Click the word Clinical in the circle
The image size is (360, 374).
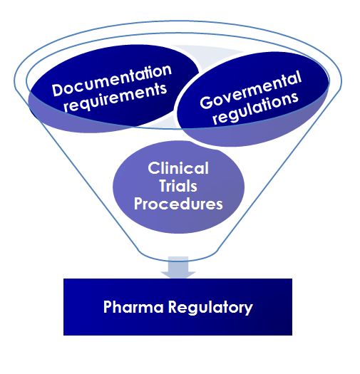(x=178, y=169)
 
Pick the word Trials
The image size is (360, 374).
(x=178, y=186)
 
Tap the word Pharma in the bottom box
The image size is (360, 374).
(x=128, y=308)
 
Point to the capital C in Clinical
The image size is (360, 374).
(x=153, y=169)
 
